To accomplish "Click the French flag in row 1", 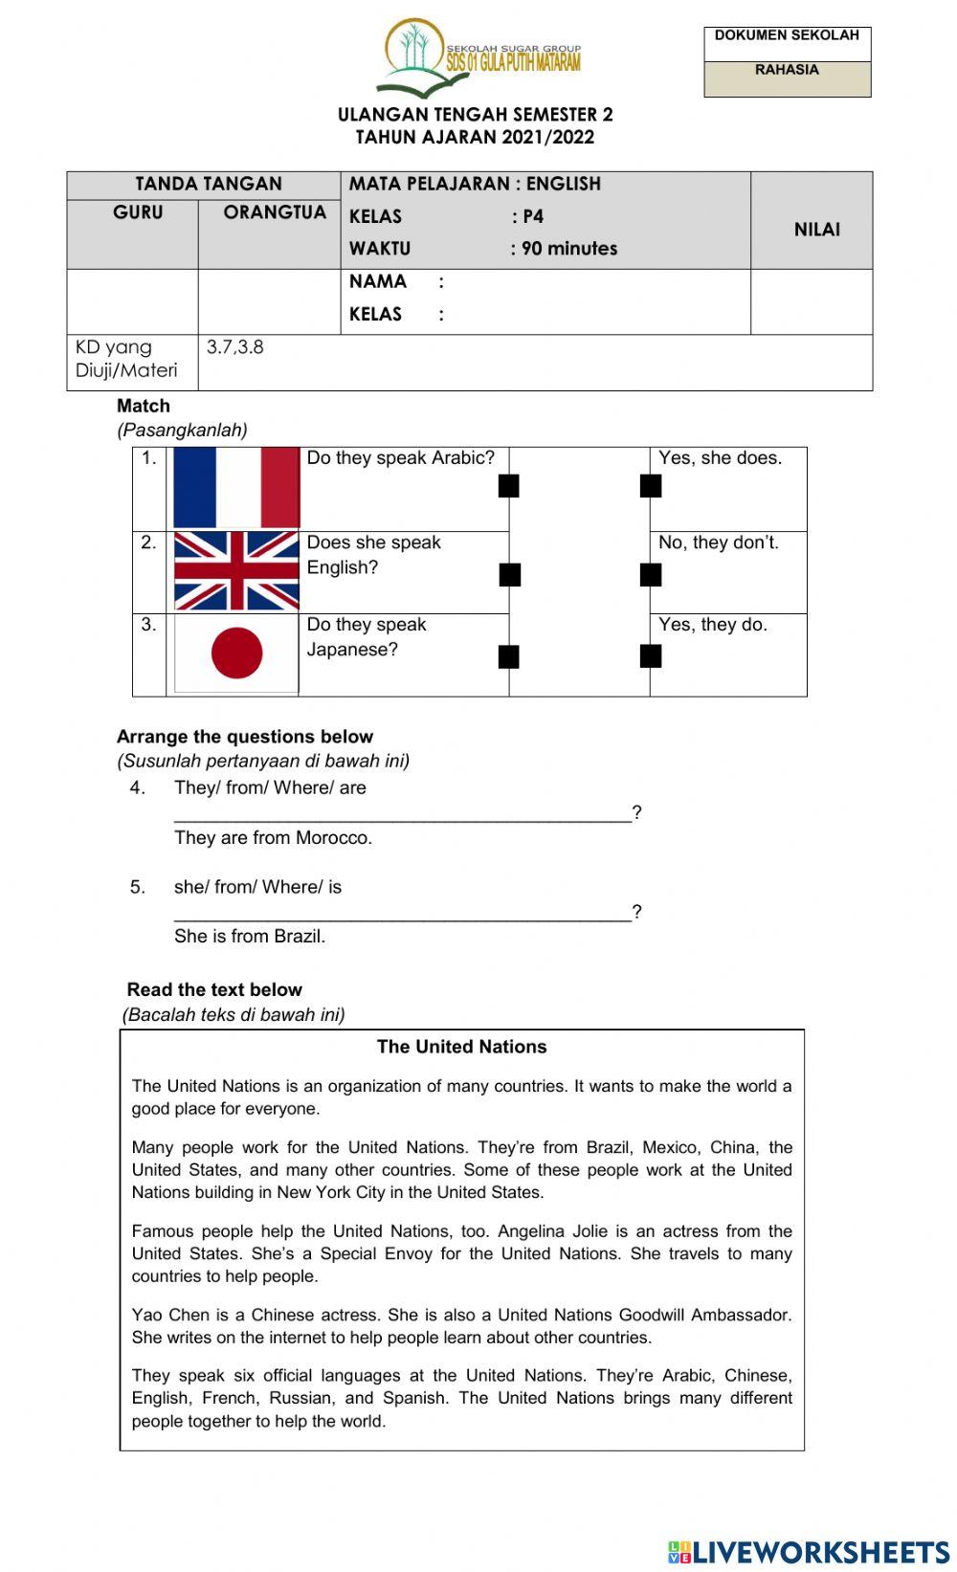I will pyautogui.click(x=236, y=488).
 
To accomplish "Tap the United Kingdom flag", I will pyautogui.click(x=236, y=571).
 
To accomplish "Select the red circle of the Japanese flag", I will pyautogui.click(x=236, y=653).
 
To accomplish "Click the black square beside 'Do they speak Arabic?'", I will pyautogui.click(x=509, y=486).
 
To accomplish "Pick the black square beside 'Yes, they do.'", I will pyautogui.click(x=651, y=655).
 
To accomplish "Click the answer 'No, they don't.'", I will pyautogui.click(x=718, y=542).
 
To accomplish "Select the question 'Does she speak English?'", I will pyautogui.click(x=373, y=555).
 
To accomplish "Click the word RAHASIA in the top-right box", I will pyautogui.click(x=787, y=70).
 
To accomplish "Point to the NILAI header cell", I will pyautogui.click(x=816, y=230).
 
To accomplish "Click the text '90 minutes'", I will pyautogui.click(x=569, y=249).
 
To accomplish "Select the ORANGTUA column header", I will pyautogui.click(x=275, y=212).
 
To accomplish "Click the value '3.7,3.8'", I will pyautogui.click(x=235, y=347).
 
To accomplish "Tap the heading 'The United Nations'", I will pyautogui.click(x=461, y=1047).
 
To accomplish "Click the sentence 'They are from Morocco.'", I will pyautogui.click(x=273, y=838).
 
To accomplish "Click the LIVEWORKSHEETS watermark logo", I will pyautogui.click(x=809, y=1551).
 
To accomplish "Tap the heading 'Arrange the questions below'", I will pyautogui.click(x=245, y=737).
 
